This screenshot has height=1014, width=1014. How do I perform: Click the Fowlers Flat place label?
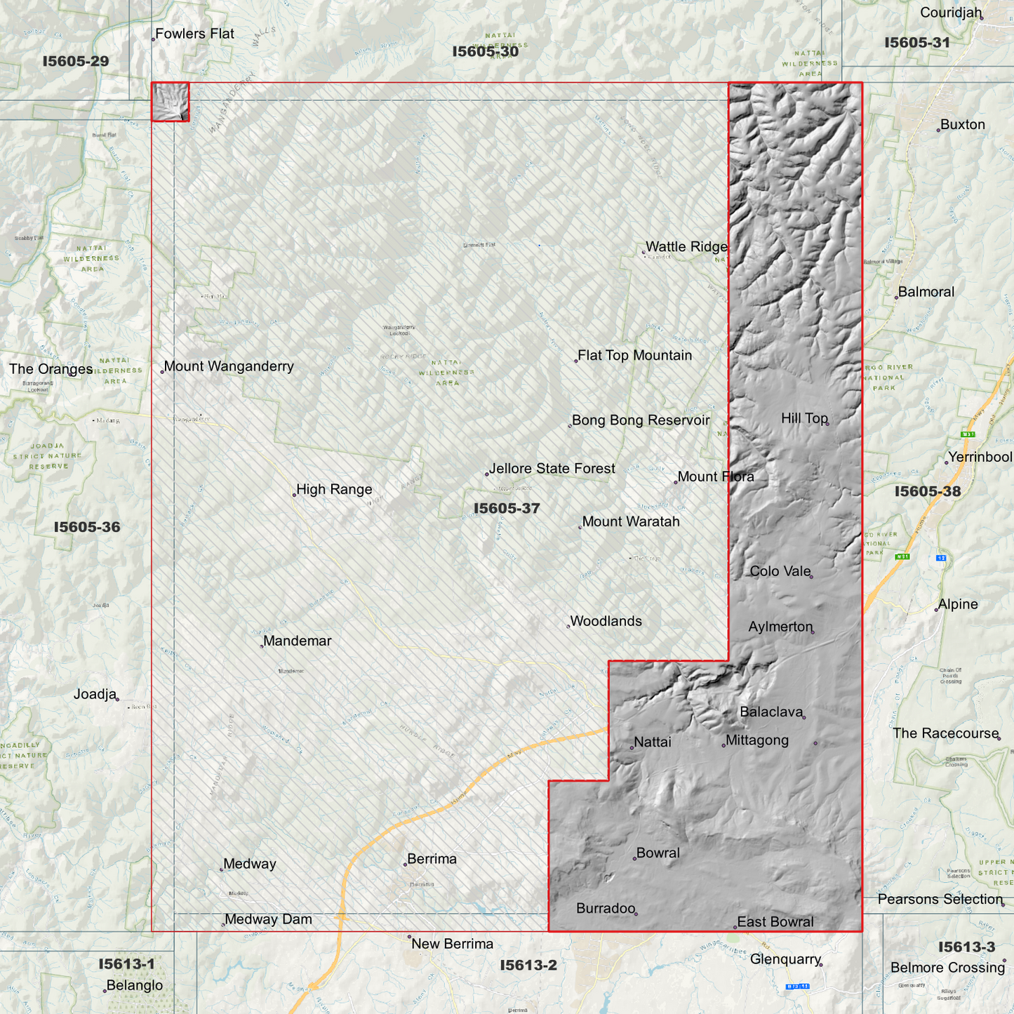point(194,34)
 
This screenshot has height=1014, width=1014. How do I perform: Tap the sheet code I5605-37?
point(507,508)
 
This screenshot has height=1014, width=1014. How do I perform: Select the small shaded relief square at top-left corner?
point(171,102)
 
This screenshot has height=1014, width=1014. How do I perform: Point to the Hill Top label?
point(804,418)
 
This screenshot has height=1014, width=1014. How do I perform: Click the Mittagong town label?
point(757,740)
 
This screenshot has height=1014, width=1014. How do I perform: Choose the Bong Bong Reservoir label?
point(641,420)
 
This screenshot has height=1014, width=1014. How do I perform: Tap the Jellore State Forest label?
point(552,469)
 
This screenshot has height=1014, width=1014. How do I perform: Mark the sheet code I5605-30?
point(486,51)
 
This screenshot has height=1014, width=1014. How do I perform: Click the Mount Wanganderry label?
point(229,366)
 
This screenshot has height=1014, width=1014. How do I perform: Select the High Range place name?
point(334,490)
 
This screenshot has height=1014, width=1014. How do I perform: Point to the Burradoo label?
point(605,909)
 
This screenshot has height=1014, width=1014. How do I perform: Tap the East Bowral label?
point(775,922)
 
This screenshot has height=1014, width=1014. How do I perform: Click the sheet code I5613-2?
point(528,966)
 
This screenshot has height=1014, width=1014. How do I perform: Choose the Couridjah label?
point(951,13)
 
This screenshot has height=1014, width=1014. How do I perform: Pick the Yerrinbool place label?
point(980,458)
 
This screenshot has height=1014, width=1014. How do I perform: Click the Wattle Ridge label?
point(686,247)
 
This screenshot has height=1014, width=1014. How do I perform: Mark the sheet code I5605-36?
point(87,527)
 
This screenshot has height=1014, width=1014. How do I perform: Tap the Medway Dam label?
point(268,919)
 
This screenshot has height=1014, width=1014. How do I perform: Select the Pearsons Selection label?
point(940,900)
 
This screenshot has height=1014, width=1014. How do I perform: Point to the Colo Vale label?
point(780,571)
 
